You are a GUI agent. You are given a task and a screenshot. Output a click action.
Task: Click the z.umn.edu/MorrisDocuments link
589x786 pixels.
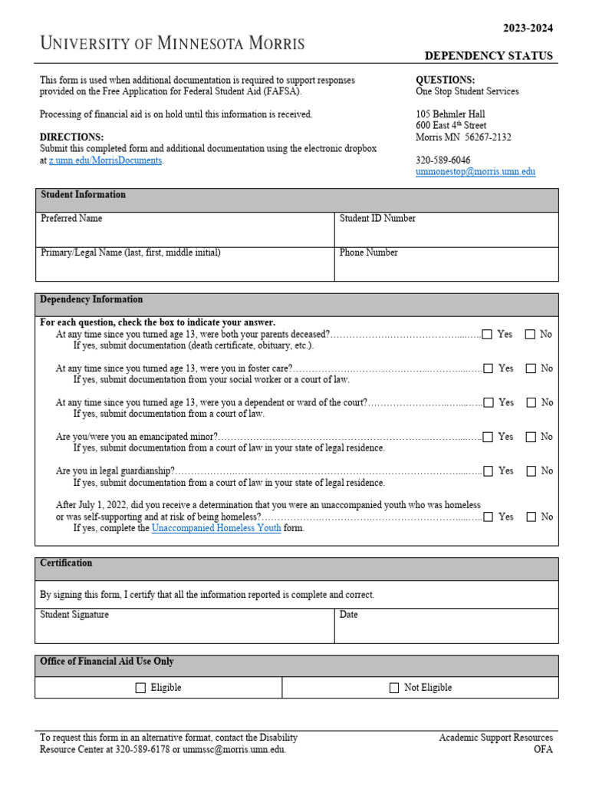click(x=105, y=160)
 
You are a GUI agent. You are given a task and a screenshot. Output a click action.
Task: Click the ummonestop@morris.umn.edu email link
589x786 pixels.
click(x=475, y=172)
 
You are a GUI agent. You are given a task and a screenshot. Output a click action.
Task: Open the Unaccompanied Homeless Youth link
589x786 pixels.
click(x=216, y=528)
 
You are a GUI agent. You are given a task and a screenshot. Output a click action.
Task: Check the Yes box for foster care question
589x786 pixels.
click(x=489, y=368)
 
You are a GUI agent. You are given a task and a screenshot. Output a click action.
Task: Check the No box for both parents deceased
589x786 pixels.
click(x=531, y=335)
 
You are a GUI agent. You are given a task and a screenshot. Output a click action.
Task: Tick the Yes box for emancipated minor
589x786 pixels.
click(x=489, y=437)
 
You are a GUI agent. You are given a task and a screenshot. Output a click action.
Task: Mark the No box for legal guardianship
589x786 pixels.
click(x=531, y=471)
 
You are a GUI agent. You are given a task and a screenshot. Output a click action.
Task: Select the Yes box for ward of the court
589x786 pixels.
click(x=489, y=402)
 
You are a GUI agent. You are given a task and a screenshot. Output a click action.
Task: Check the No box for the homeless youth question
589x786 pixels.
click(x=531, y=517)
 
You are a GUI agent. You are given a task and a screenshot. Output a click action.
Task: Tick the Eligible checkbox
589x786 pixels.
click(x=140, y=688)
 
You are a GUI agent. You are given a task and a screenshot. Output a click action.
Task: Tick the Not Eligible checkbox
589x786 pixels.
click(x=394, y=688)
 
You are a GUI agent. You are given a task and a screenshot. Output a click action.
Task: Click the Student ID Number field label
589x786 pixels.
click(x=377, y=219)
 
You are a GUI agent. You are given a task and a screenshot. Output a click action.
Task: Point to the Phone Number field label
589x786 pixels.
click(x=368, y=253)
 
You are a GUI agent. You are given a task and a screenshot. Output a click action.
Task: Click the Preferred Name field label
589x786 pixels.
click(x=71, y=219)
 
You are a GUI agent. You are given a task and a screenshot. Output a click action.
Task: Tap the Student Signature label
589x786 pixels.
click(x=74, y=615)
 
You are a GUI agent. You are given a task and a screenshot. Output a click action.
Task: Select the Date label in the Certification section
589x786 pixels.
click(x=348, y=615)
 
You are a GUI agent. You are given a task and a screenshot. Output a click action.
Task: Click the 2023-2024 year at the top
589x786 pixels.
click(x=528, y=28)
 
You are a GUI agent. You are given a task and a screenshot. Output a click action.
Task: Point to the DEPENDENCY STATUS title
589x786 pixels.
click(x=489, y=56)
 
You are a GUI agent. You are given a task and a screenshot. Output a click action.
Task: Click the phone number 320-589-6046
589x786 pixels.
click(x=443, y=160)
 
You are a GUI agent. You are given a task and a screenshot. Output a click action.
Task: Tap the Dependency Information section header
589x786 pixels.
click(x=91, y=299)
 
